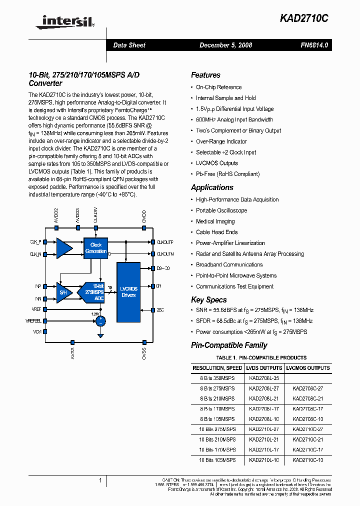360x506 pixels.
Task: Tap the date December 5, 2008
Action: pyautogui.click(x=225, y=45)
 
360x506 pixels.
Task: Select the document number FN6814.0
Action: pyautogui.click(x=314, y=45)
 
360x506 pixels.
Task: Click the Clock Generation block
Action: pyautogui.click(x=96, y=248)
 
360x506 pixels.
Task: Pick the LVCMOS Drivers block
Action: pyautogui.click(x=128, y=292)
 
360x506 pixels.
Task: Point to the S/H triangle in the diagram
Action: pyautogui.click(x=63, y=292)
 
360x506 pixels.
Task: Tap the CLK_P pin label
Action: pyautogui.click(x=35, y=241)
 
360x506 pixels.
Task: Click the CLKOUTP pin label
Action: pyautogui.click(x=165, y=241)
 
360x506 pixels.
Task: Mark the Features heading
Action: pyautogui.click(x=205, y=75)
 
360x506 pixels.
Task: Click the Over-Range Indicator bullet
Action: pyautogui.click(x=221, y=141)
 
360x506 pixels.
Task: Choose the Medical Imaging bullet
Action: pyautogui.click(x=215, y=221)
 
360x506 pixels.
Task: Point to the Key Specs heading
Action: pyautogui.click(x=208, y=300)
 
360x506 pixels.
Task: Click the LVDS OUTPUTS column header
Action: pyautogui.click(x=264, y=368)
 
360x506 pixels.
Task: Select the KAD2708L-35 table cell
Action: pyautogui.click(x=263, y=378)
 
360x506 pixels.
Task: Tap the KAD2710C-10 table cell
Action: pyautogui.click(x=307, y=459)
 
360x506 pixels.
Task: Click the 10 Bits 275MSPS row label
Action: pyautogui.click(x=217, y=429)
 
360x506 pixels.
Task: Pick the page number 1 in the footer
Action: pyautogui.click(x=100, y=480)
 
